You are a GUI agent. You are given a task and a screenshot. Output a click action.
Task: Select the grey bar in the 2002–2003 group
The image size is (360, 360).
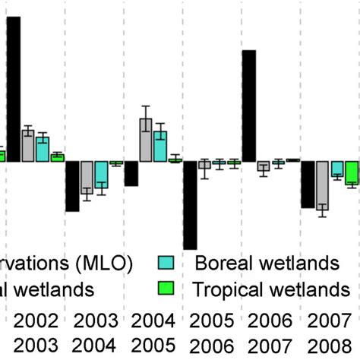pos(27,145)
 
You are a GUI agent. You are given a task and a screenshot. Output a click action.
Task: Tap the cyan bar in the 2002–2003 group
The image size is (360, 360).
pos(43,149)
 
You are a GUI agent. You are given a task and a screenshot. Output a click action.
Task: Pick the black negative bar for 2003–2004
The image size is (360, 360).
pos(72,186)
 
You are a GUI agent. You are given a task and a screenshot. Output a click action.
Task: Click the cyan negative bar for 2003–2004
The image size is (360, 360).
pos(101,175)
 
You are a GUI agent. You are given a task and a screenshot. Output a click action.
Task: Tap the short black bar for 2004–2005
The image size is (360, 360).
pos(131,173)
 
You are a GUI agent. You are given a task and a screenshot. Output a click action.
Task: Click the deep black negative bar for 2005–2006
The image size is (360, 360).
pos(190,205)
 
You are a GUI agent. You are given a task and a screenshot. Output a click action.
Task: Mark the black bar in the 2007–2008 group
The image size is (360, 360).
pos(308,184)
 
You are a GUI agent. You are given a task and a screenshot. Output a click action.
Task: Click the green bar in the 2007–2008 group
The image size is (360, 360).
pos(351,172)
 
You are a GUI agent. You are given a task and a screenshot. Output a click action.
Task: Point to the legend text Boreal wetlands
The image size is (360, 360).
pos(267,264)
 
